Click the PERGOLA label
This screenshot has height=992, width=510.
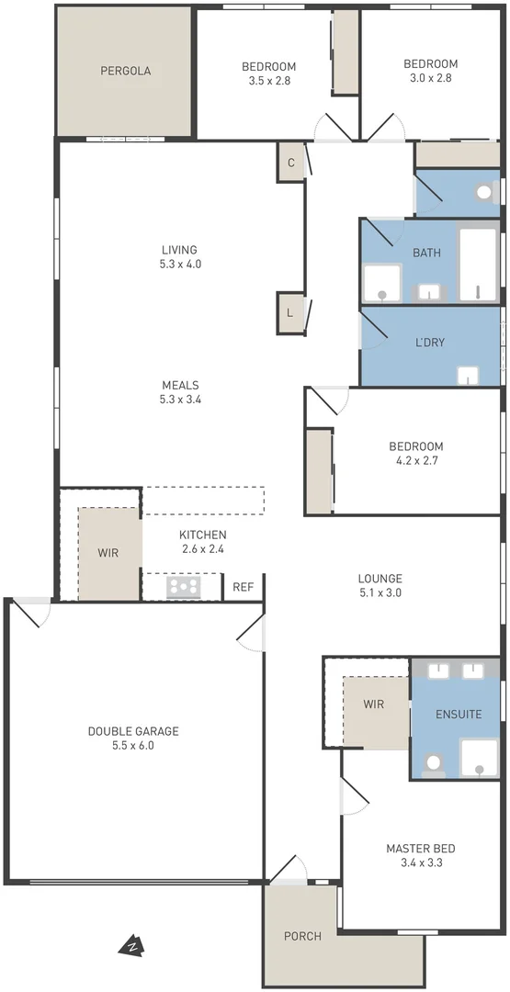pos(126,71)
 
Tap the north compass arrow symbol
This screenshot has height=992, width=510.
pos(132,945)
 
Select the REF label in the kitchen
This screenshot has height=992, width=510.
pos(243,587)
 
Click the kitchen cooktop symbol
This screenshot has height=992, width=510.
pos(184,585)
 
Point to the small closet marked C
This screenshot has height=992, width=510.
pos(290,163)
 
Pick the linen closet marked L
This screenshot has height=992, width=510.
pos(290,312)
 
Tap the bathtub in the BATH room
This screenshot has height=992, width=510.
pos(478,265)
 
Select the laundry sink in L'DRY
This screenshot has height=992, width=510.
pos(469,375)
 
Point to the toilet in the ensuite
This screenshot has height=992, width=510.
pos(433,762)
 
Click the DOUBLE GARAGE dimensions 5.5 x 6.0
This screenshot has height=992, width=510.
pos(133,746)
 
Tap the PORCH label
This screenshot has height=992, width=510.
pos(302,936)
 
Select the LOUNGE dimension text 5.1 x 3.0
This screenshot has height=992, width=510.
pos(380,593)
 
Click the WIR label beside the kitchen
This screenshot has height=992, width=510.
pos(108,554)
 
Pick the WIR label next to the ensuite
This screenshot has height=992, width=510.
pos(373,705)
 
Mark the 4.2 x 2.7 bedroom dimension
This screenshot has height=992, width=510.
pos(415,461)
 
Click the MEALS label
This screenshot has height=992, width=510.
pos(180,385)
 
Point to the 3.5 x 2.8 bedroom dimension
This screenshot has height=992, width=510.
pos(268,80)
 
